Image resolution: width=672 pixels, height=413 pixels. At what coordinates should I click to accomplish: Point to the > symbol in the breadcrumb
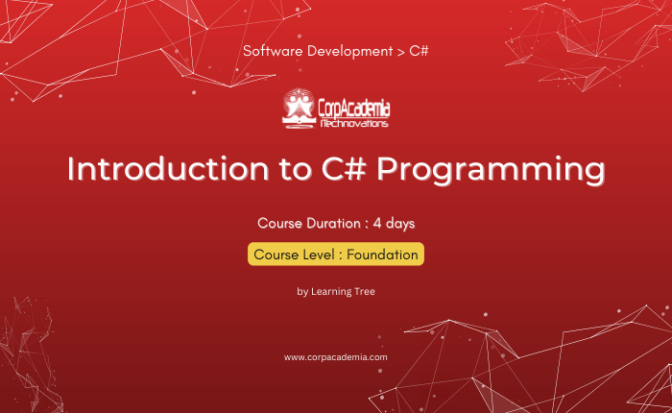tap(400, 52)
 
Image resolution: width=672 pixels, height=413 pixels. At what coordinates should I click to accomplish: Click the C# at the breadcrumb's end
tap(419, 51)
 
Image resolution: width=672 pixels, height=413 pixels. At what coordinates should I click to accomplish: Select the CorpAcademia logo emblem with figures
tap(299, 109)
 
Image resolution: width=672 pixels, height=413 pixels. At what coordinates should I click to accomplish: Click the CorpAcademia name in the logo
tap(354, 109)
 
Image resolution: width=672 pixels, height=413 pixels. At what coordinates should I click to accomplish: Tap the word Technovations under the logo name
tap(354, 124)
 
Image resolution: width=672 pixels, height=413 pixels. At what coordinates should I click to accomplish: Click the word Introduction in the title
tap(168, 168)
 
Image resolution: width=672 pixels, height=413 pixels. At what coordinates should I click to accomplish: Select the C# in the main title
tap(344, 168)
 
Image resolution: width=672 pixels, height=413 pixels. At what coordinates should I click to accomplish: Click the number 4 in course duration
tap(377, 224)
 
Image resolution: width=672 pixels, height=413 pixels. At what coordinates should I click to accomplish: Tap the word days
tap(400, 224)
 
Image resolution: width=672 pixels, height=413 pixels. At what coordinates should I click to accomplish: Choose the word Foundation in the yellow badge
tap(382, 255)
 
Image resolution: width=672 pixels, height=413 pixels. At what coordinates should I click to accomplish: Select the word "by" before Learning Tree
tap(302, 292)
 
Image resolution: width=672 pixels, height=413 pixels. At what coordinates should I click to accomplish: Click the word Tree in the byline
tap(364, 292)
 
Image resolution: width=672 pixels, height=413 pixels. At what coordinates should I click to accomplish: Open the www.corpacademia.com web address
tap(336, 357)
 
